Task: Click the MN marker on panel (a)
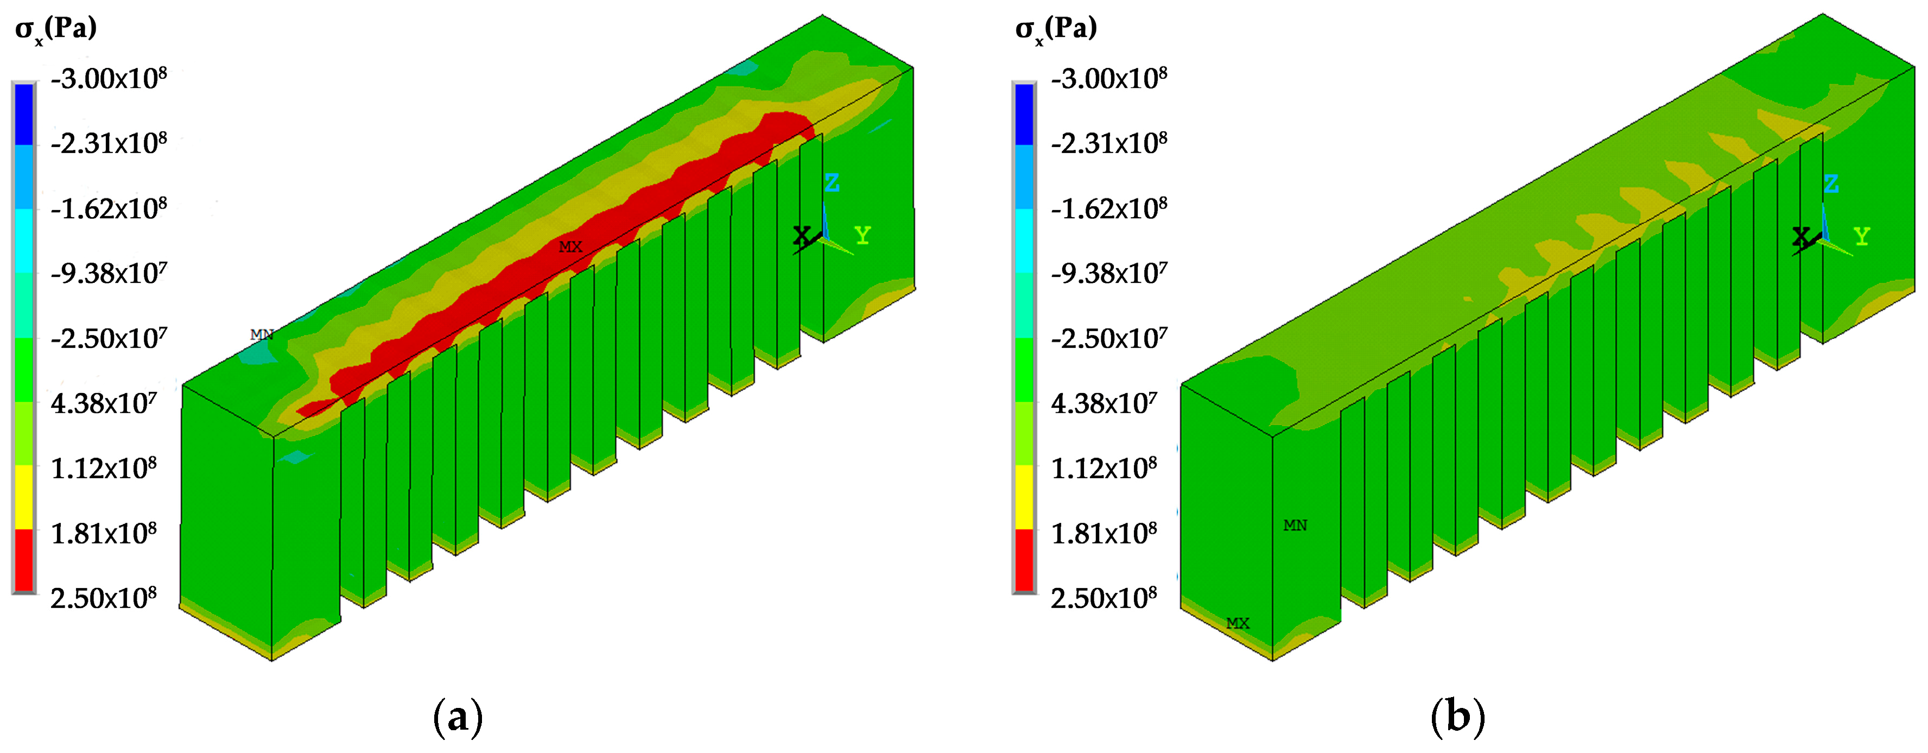[261, 334]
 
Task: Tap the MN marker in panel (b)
[1295, 526]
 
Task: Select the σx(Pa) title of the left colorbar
[56, 29]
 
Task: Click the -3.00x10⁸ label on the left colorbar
[109, 78]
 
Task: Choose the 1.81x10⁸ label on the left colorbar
[103, 534]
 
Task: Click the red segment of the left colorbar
[24, 560]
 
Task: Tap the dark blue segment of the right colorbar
[1024, 114]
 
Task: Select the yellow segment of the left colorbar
[24, 496]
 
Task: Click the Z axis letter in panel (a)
[832, 182]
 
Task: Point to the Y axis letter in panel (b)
[1861, 237]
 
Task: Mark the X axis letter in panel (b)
[1801, 237]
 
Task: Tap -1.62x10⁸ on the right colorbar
[1108, 208]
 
